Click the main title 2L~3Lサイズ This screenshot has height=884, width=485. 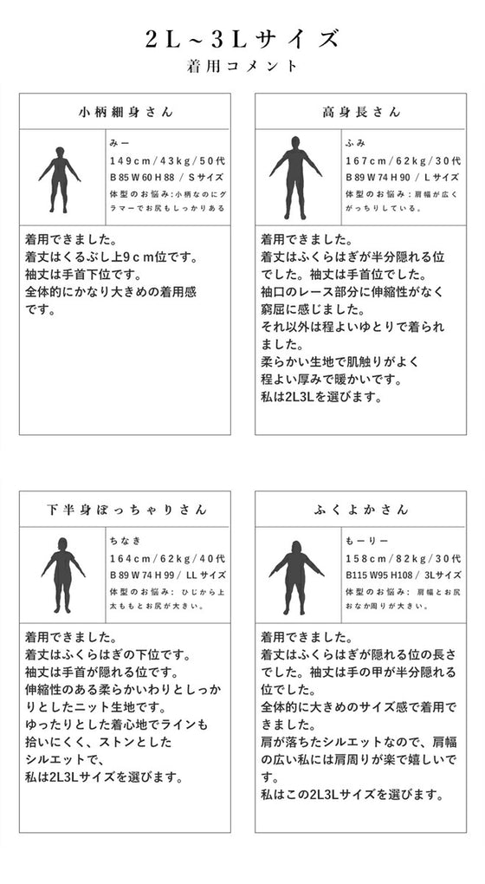pos(242,39)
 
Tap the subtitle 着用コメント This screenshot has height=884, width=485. pos(242,66)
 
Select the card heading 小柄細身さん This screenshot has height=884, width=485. pos(126,112)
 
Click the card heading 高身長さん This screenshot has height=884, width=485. pos(361,112)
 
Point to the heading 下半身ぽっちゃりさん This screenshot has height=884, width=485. pos(126,510)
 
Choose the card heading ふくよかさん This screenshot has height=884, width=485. pos(361,510)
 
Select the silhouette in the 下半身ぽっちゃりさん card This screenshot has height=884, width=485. pos(62,576)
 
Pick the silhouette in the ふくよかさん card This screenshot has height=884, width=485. pos(296,576)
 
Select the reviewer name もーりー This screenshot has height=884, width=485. pos(362,539)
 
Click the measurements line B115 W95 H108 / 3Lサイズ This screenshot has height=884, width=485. pos(403,575)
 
